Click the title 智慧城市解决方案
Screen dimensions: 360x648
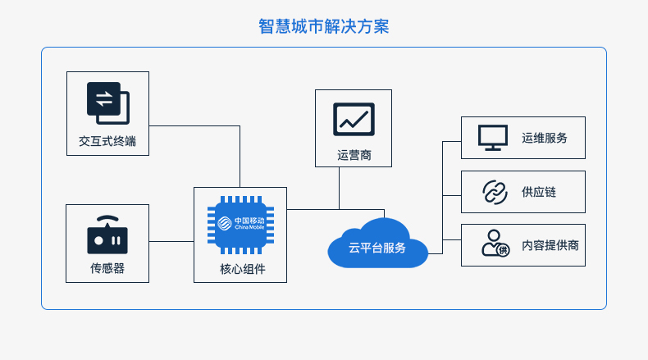323,26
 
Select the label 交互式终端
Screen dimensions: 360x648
107,141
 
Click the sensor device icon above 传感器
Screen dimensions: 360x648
107,236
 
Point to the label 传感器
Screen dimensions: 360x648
107,268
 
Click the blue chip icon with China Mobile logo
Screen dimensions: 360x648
240,224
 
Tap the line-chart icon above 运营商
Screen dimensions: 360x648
354,119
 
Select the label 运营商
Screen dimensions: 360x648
354,153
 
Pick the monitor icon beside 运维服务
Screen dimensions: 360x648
494,138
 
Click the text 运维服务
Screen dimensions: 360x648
545,138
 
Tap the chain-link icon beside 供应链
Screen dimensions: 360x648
495,192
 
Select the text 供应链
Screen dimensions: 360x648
539,193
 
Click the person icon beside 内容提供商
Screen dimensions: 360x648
495,244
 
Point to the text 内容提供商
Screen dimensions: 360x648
550,245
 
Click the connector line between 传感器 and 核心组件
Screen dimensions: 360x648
171,241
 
